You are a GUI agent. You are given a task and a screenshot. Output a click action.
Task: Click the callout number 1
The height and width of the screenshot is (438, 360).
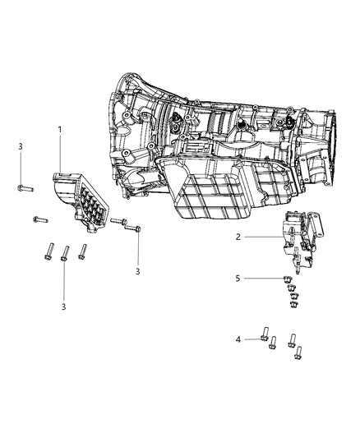point(60,129)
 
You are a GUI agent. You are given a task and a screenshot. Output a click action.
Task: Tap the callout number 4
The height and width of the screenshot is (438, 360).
point(238,338)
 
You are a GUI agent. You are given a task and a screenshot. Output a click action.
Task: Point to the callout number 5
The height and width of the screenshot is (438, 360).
point(238,278)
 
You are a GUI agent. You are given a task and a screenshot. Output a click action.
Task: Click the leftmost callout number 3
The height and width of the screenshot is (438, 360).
point(20,145)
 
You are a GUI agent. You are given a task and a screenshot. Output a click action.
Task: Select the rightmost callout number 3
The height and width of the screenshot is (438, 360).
point(138,270)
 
